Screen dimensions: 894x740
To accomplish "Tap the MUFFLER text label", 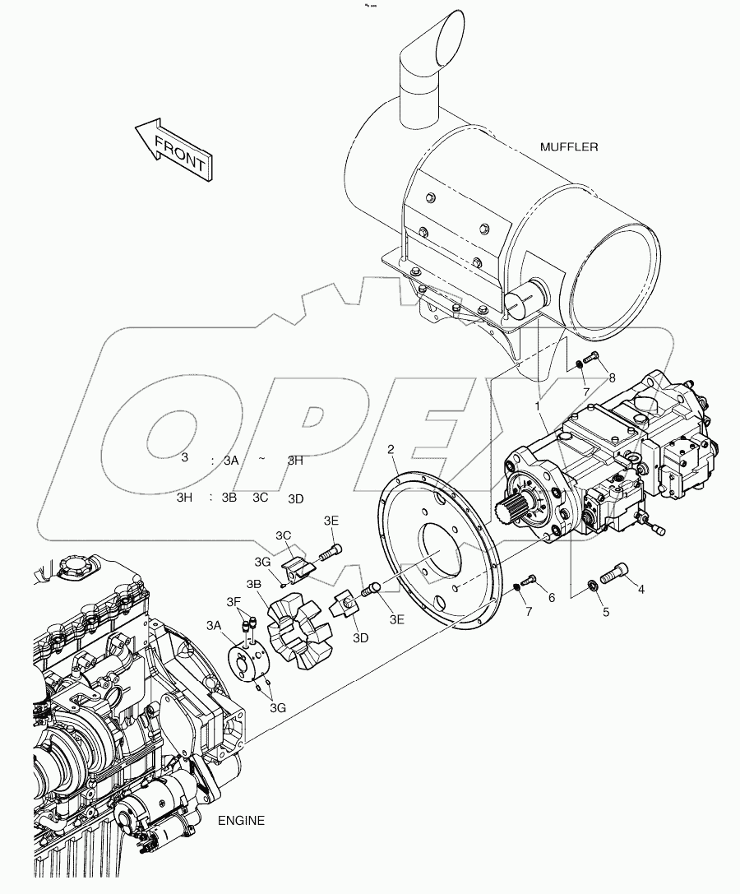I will coord(569,147).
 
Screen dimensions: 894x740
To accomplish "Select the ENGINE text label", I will coord(241,820).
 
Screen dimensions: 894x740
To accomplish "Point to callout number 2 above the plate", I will coord(392,449).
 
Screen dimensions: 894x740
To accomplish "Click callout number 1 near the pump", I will coord(537,406).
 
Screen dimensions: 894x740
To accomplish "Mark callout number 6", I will coord(552,598).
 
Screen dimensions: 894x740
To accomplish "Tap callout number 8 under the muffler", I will coord(611,378).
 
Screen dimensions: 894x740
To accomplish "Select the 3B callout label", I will coord(254,583).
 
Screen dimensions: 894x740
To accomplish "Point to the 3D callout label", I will coord(361,637).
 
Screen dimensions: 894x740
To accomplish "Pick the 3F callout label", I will coord(235,603).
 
